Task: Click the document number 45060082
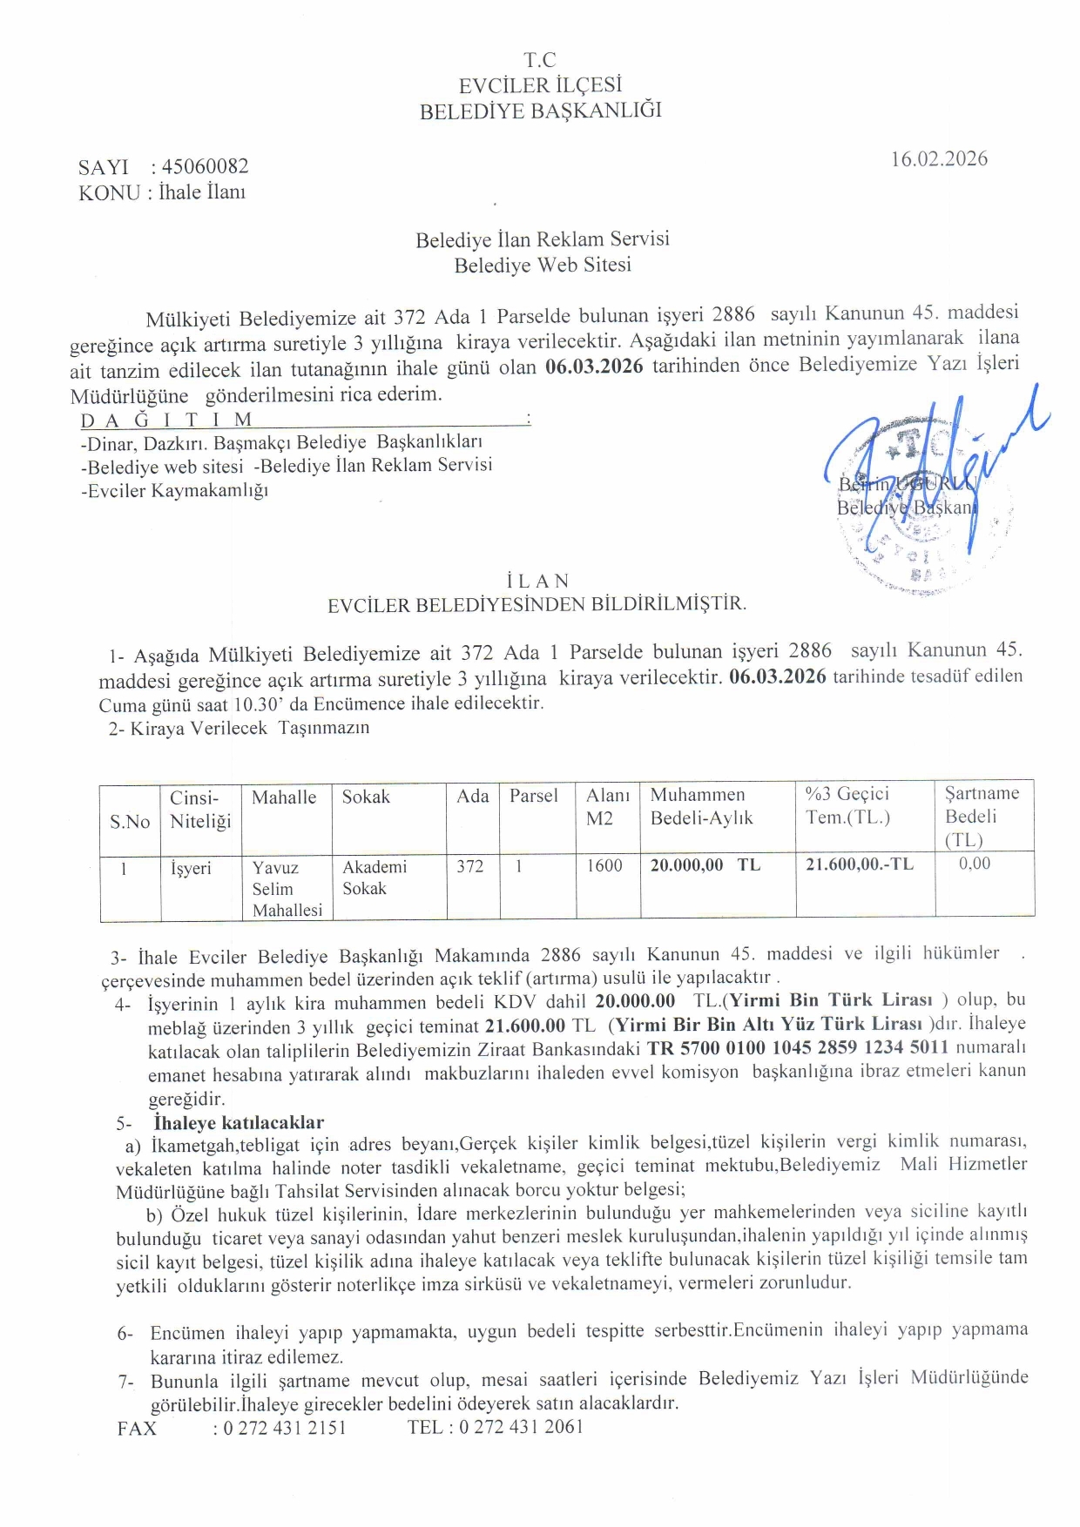205,166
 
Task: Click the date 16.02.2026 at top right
939,158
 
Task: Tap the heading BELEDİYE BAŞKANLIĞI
540,111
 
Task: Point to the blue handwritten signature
932,470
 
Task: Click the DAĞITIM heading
166,420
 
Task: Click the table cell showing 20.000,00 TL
705,864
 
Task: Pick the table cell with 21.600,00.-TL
859,864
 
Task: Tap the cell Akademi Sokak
375,878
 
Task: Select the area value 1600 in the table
604,865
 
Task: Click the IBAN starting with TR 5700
797,1047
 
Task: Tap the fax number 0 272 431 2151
285,1428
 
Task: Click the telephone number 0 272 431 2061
522,1427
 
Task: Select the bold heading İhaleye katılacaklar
239,1122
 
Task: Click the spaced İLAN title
537,581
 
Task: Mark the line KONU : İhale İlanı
162,192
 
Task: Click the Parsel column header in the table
533,796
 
